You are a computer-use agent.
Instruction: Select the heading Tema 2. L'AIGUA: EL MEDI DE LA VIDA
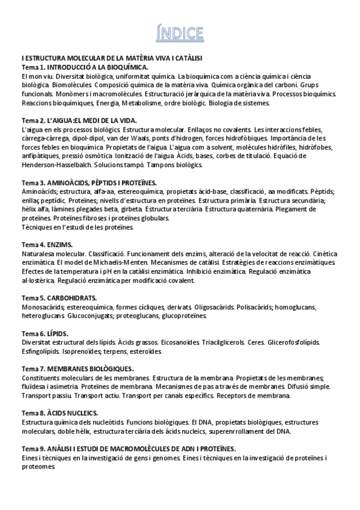79,120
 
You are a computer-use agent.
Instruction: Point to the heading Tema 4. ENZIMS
47,245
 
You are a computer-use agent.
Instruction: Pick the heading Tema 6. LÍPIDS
44,333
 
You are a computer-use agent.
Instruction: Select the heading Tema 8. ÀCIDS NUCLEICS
59,413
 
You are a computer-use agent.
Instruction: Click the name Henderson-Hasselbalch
58,165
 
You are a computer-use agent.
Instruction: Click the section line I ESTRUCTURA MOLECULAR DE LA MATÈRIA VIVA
111,58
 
